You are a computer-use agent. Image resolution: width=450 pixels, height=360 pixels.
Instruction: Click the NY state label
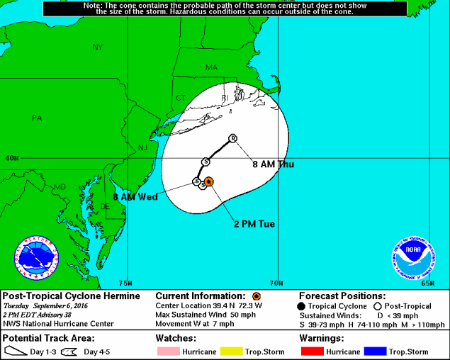tap(98, 47)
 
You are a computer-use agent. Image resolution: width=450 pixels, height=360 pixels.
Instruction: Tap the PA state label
tap(37, 118)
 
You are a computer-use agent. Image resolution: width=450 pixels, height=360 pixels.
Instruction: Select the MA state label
tap(212, 67)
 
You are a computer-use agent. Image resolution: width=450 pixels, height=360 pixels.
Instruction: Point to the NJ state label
tap(142, 147)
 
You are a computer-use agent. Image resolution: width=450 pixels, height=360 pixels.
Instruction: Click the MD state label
tap(60, 187)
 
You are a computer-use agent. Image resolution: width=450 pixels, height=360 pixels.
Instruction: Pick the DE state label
tap(106, 206)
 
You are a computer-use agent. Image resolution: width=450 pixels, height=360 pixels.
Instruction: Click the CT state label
tap(181, 98)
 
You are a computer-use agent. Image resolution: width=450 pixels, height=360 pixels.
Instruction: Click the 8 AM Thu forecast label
tap(273, 164)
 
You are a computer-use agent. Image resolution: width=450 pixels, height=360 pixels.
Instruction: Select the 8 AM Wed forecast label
tap(135, 196)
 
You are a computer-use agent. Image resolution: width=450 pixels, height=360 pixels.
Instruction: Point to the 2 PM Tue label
tap(254, 224)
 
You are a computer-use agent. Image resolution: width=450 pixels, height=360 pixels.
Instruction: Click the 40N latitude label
tap(11, 158)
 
